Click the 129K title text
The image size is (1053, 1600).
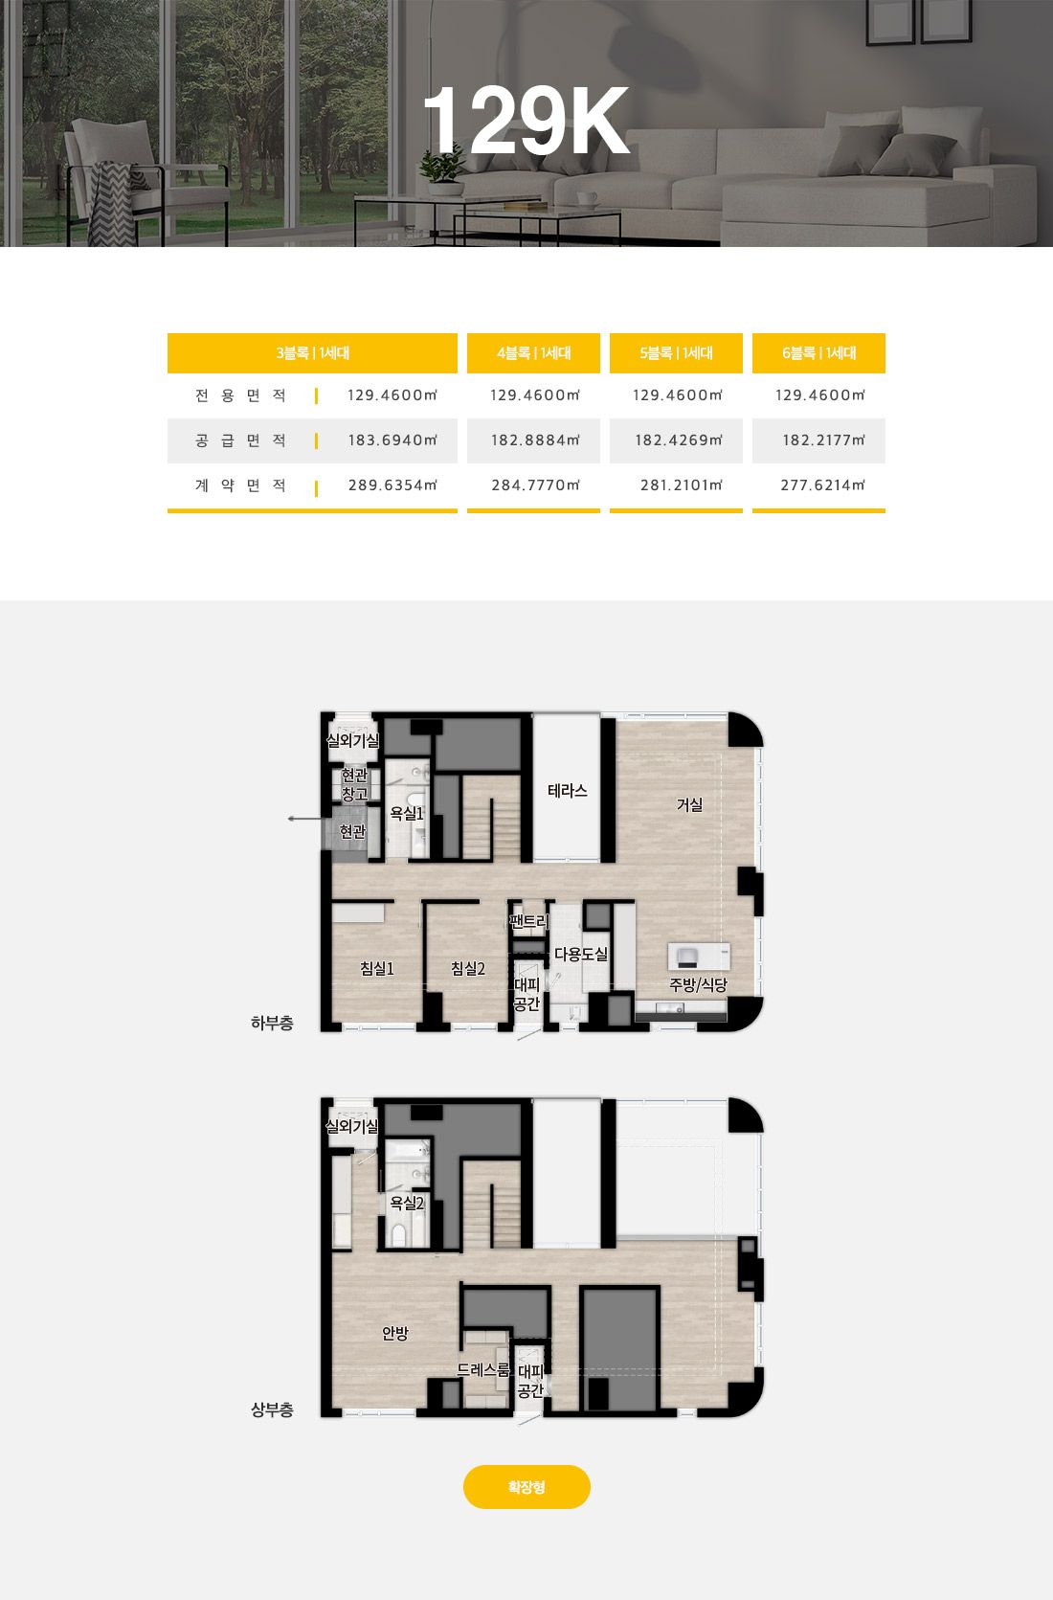pos(526,120)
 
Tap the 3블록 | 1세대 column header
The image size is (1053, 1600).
pos(312,353)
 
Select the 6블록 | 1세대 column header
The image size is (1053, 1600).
pos(818,353)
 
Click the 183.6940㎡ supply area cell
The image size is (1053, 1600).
pos(392,440)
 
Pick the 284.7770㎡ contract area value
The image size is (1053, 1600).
pos(535,485)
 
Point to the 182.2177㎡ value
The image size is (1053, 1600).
pos(823,440)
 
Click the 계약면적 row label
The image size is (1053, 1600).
pos(240,485)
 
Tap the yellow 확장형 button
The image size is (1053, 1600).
pos(526,1487)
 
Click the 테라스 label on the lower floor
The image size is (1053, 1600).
pos(568,791)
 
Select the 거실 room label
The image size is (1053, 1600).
pos(689,805)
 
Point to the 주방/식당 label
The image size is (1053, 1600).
pos(698,985)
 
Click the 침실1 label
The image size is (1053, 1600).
pos(377,969)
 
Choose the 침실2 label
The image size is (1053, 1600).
pos(468,969)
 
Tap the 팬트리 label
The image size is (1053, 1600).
pos(528,921)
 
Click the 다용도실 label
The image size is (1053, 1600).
pos(581,954)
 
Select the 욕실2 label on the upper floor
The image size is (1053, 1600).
pos(407,1204)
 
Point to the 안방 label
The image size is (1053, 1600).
pos(395,1333)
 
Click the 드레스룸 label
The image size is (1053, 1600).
pos(483,1370)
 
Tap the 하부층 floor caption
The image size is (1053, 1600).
pos(272,1023)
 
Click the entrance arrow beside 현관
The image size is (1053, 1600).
pos(304,819)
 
